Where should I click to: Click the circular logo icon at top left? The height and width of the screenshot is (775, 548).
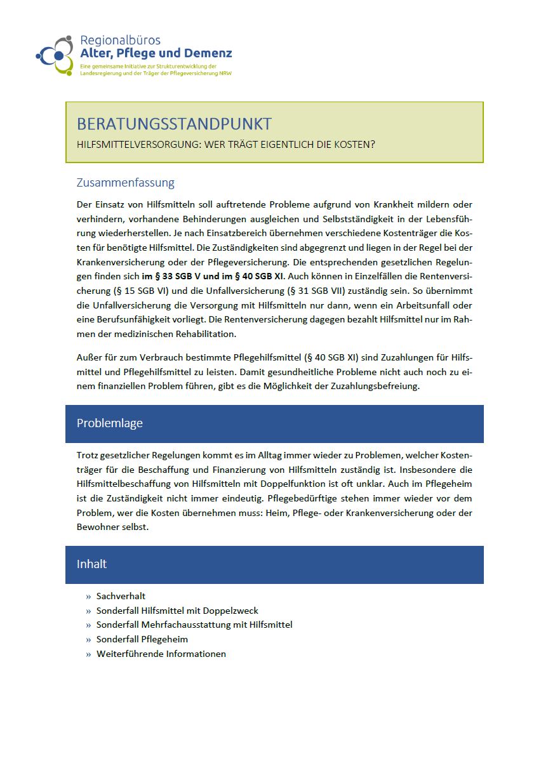tap(55, 55)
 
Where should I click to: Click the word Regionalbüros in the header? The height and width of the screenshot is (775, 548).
tap(120, 40)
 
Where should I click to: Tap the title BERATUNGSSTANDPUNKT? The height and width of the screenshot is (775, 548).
tap(174, 124)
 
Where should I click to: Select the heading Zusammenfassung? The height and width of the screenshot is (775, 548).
tap(125, 183)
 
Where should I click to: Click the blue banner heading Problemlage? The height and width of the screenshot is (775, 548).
tap(109, 423)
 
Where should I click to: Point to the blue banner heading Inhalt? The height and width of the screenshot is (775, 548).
tap(91, 564)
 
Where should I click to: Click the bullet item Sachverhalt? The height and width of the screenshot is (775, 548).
tap(121, 596)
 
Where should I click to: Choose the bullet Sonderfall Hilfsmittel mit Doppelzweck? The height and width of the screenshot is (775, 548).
tap(177, 611)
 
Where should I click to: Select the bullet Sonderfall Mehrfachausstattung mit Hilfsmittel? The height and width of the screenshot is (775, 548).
tap(194, 625)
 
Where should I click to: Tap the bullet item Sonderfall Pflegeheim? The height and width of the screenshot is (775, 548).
tap(142, 639)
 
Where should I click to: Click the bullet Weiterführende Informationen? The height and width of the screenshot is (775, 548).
tap(161, 654)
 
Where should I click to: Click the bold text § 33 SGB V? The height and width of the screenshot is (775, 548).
tap(179, 277)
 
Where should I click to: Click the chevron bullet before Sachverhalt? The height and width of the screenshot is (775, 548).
tap(88, 597)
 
